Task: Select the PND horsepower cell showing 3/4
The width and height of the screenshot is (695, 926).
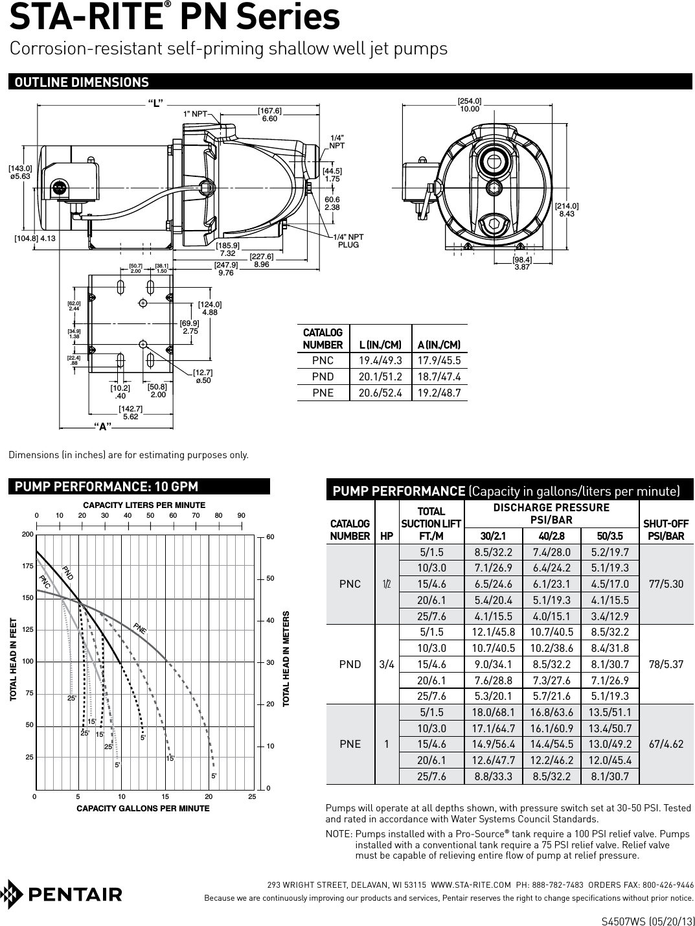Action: tap(387, 664)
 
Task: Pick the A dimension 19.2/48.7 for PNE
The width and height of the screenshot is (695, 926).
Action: tap(440, 393)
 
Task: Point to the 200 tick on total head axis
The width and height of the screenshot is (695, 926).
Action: tap(27, 535)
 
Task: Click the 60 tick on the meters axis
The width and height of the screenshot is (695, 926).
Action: tap(270, 537)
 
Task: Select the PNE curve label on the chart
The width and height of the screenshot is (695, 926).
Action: tap(140, 627)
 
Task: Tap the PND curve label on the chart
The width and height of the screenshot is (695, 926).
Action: tap(68, 572)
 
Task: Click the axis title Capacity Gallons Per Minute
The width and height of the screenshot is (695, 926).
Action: tap(143, 808)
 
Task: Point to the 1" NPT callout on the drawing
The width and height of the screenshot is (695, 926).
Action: tap(194, 114)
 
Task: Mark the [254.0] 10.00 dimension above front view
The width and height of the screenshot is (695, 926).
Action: tap(470, 105)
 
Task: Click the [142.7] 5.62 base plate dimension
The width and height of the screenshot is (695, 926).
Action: tap(130, 412)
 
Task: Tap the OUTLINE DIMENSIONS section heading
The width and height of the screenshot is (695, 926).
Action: tap(82, 82)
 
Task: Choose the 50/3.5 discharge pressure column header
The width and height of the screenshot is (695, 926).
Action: tap(609, 536)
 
